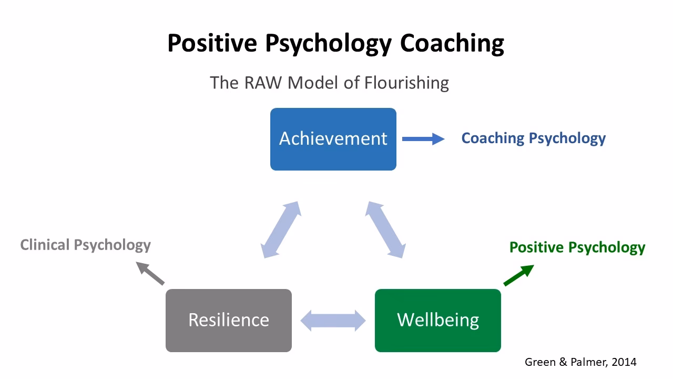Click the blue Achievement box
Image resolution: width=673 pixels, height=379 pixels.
tap(333, 139)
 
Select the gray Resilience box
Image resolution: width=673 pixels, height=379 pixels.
tap(228, 320)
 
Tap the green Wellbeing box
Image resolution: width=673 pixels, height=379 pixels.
tap(437, 320)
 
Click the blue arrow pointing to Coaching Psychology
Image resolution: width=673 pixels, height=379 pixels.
tap(423, 139)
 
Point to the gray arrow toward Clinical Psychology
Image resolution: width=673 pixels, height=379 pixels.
tap(150, 273)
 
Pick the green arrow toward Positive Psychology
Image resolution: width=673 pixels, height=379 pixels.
tap(518, 275)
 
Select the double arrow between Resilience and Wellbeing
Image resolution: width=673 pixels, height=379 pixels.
tap(333, 320)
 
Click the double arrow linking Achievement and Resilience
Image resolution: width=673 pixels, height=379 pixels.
tap(281, 230)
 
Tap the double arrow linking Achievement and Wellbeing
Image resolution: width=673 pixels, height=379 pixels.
tap(386, 230)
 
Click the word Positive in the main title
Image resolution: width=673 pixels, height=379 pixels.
tap(212, 43)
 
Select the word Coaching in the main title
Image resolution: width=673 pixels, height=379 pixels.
tap(452, 43)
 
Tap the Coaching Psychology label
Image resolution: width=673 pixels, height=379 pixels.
tap(533, 138)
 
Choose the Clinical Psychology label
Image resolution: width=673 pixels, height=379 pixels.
tap(85, 245)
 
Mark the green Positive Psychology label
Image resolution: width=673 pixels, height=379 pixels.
tap(577, 247)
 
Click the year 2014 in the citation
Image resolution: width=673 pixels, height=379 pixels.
tap(624, 362)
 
